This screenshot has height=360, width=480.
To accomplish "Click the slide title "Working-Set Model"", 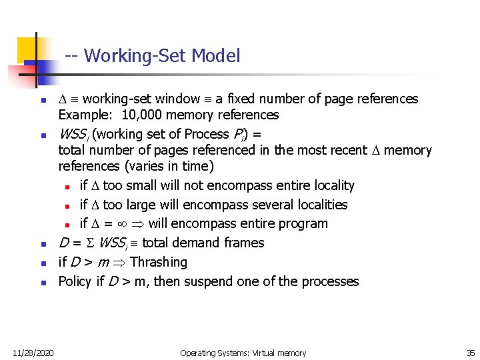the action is (162, 55).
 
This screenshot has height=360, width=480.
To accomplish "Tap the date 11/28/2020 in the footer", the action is (33, 353).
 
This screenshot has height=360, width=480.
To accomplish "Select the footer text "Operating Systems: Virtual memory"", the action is (243, 353).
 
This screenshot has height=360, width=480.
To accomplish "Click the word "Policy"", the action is (75, 281).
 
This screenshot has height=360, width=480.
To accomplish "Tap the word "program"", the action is (303, 223).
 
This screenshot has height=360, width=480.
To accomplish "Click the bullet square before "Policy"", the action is (43, 283).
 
